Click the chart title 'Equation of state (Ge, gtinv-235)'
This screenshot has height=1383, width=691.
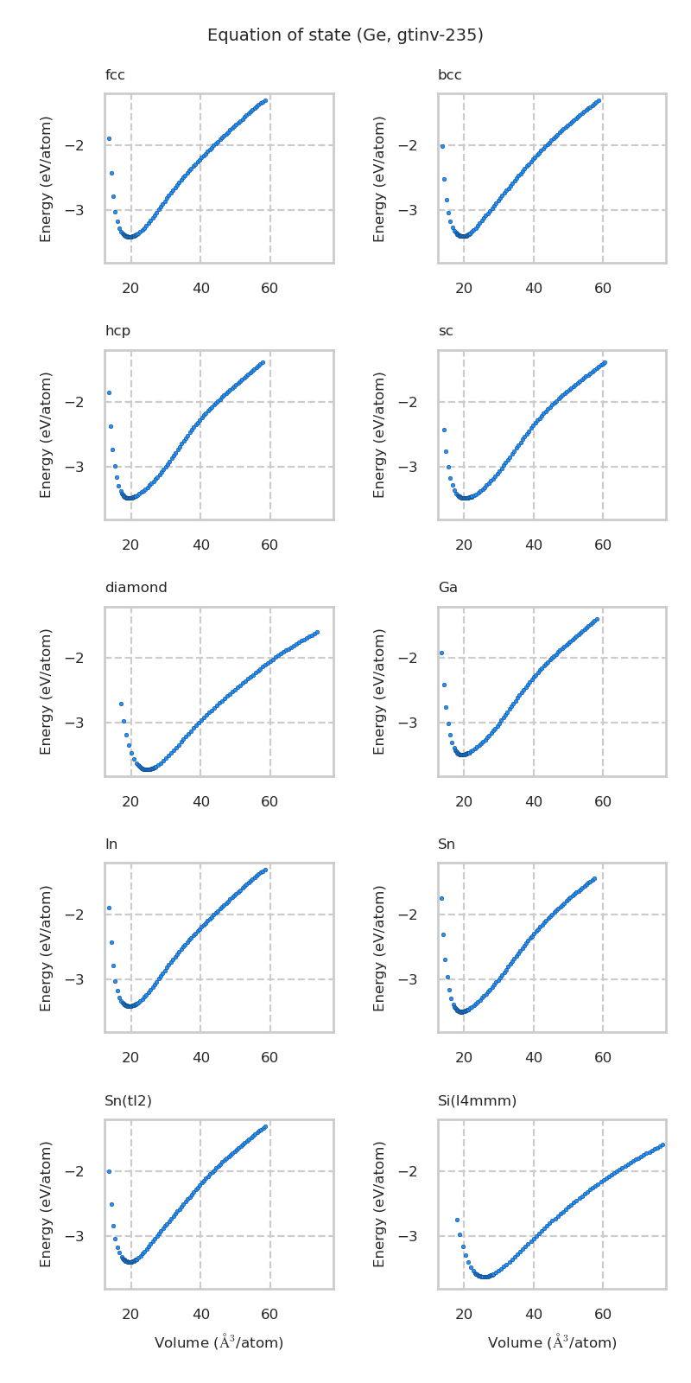pos(345,35)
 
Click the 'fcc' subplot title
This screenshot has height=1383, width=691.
pos(115,75)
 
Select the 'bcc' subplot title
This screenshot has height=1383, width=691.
pos(449,75)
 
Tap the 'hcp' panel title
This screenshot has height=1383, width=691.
pos(117,331)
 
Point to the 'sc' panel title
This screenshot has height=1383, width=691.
pos(445,331)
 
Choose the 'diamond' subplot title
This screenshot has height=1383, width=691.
pos(136,588)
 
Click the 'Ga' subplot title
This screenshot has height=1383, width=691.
pos(447,588)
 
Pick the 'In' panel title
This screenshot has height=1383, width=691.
pos(111,844)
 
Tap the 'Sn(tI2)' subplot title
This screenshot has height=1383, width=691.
pos(128,1100)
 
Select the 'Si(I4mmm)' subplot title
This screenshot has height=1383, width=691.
pos(477,1100)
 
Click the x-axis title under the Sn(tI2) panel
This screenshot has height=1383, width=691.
pos(219,1342)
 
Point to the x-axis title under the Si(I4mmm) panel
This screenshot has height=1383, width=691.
pos(552,1342)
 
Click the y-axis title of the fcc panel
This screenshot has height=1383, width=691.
pos(47,178)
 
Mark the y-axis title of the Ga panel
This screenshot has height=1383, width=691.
pos(380,691)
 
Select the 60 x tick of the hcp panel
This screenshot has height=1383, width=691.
pos(269,545)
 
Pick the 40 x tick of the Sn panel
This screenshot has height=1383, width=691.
pos(533,1057)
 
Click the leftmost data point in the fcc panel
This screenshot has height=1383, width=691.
pos(109,138)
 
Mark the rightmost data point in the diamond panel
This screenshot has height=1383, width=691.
pos(317,633)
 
